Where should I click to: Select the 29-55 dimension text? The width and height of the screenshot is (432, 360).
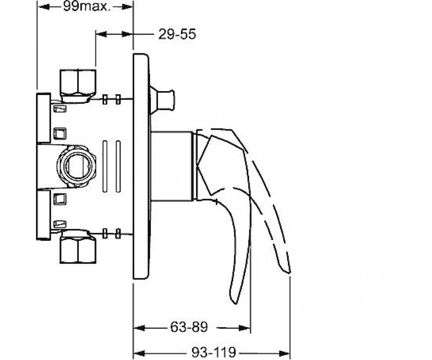[x=177, y=34]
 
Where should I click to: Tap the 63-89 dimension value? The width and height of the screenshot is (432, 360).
[x=189, y=327]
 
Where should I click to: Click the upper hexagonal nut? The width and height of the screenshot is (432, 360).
[x=78, y=86]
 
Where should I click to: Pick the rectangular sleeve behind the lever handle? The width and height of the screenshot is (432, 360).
[x=172, y=166]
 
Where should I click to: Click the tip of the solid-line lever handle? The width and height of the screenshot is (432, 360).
[x=235, y=304]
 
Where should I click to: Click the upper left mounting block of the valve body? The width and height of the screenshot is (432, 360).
[x=44, y=118]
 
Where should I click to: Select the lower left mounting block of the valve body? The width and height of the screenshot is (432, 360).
[x=44, y=215]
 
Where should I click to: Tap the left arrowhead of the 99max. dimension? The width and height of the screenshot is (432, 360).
[x=44, y=7]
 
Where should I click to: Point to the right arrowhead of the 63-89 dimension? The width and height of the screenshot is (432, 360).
[x=244, y=328]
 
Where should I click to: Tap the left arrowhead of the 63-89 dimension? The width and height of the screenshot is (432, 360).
[x=139, y=328]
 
